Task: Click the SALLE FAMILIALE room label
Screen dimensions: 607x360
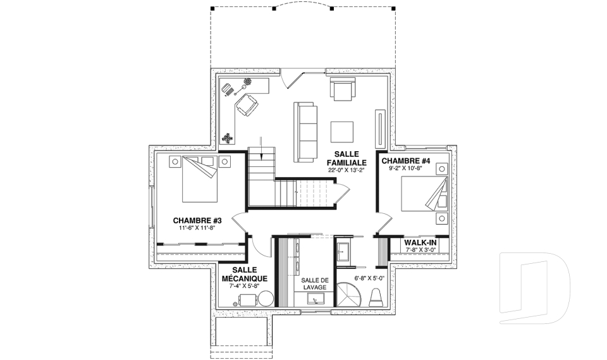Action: coord(346,158)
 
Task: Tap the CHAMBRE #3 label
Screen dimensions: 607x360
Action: coord(197,221)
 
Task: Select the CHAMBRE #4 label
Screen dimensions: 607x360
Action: coord(406,161)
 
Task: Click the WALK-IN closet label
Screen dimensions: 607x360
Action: coord(420,242)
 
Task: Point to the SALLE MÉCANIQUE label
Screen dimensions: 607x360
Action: coord(244,274)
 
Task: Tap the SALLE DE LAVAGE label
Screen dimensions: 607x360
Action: coord(315,283)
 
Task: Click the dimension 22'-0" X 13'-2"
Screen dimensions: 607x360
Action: coord(346,170)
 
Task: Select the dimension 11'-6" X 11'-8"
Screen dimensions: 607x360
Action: coord(197,228)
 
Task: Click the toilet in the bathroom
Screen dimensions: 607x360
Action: coord(376,297)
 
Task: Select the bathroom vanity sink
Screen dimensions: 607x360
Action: coord(343,252)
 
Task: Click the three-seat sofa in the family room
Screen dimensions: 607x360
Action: coord(305,132)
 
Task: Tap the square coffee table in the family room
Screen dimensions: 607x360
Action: coord(342,132)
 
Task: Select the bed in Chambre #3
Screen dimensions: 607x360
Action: coord(200,178)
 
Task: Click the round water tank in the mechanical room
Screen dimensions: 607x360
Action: coord(266,299)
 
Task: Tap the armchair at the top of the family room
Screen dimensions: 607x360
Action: coord(342,89)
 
